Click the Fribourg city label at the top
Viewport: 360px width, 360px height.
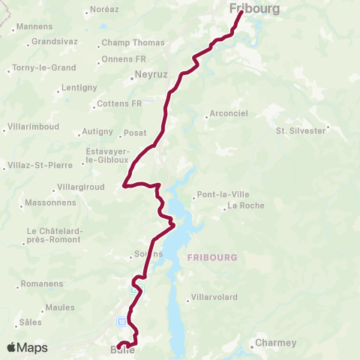pos(256,9)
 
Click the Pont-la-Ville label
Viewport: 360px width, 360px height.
pos(218,196)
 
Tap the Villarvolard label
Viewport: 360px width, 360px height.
pos(217,297)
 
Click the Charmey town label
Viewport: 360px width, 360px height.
pos(275,343)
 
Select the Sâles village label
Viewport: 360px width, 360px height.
pos(31,322)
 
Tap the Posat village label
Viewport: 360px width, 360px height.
pos(135,133)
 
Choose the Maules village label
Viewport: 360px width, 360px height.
pos(60,307)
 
